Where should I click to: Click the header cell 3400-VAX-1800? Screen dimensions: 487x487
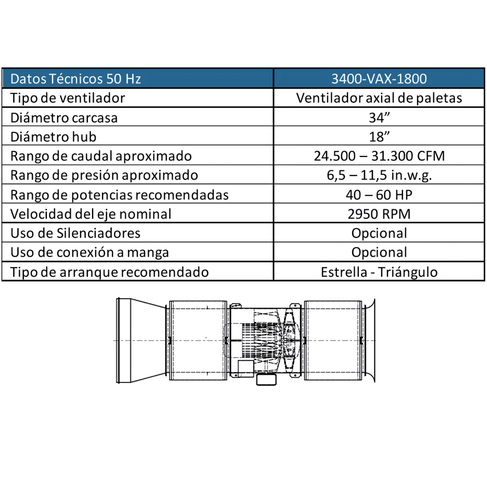point(379,79)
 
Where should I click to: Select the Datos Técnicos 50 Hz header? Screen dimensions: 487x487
point(76,79)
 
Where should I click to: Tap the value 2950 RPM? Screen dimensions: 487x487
point(379,214)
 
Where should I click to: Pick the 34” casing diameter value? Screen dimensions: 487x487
point(379,118)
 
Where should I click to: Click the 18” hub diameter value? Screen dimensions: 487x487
point(379,137)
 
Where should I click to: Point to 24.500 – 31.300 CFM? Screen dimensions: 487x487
point(379,156)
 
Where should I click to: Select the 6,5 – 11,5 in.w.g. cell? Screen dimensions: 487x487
point(379,175)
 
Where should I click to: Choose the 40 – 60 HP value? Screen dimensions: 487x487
point(379,195)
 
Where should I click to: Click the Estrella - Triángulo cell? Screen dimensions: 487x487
point(379,272)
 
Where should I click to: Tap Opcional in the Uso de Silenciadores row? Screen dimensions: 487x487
point(379,233)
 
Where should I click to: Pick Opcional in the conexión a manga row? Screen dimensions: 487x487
point(379,253)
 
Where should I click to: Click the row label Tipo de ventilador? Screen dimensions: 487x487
point(68,98)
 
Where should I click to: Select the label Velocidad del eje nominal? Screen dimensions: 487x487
point(91,214)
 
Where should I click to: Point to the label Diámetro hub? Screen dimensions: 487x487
point(53,137)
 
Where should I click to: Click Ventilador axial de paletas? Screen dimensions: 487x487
point(379,98)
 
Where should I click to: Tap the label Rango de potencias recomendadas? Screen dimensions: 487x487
point(119,195)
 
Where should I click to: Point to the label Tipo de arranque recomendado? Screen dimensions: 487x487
point(110,272)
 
